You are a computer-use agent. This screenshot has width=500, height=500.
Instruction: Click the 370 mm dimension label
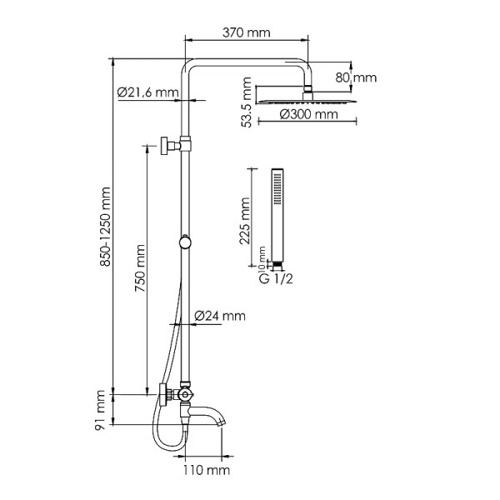coord(247,32)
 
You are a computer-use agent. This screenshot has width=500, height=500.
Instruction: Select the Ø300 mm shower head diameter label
coord(308,114)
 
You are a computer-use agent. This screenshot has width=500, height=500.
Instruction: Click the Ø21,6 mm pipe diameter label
coord(147,91)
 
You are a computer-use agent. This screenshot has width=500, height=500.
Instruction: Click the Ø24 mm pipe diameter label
coord(220,315)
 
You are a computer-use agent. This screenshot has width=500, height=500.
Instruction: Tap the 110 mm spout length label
coord(206,471)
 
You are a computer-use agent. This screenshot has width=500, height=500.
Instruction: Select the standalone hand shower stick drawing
coord(276,217)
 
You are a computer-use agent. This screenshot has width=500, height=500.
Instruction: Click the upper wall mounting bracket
coord(173,145)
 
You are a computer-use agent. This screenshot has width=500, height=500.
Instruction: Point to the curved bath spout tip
coord(221,422)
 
